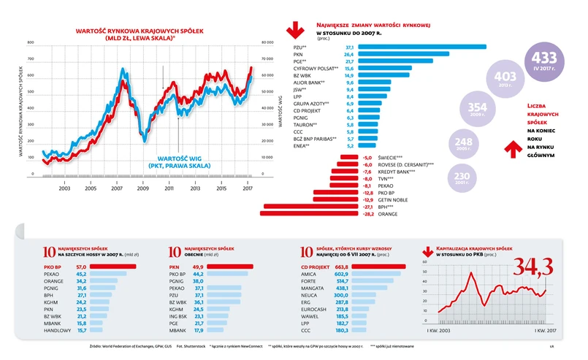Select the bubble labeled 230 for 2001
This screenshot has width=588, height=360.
(x=461, y=179)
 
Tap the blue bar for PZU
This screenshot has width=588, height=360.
(x=422, y=47)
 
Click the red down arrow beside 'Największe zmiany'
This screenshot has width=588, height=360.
(x=296, y=30)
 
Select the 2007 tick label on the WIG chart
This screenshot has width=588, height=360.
(x=116, y=188)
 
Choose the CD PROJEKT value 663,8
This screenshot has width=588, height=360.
(x=343, y=267)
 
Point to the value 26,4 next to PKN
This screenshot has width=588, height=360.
(x=349, y=54)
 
